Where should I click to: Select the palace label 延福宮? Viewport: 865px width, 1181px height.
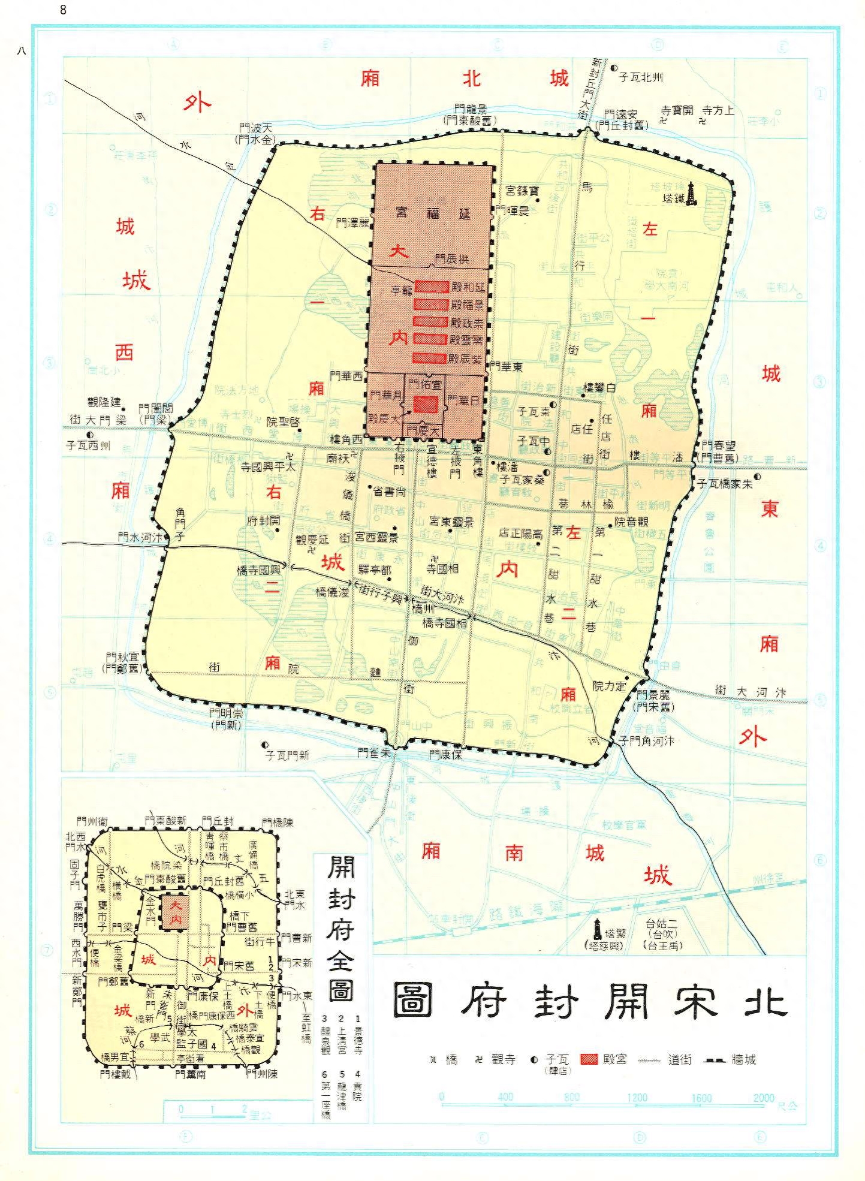click(x=432, y=213)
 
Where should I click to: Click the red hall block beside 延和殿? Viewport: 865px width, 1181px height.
click(x=432, y=287)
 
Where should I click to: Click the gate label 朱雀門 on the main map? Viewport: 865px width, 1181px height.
click(x=374, y=754)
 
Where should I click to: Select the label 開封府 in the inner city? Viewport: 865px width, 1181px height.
click(x=263, y=521)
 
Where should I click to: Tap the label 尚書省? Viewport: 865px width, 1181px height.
click(x=389, y=491)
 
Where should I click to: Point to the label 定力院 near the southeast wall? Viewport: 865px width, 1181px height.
click(x=608, y=686)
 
